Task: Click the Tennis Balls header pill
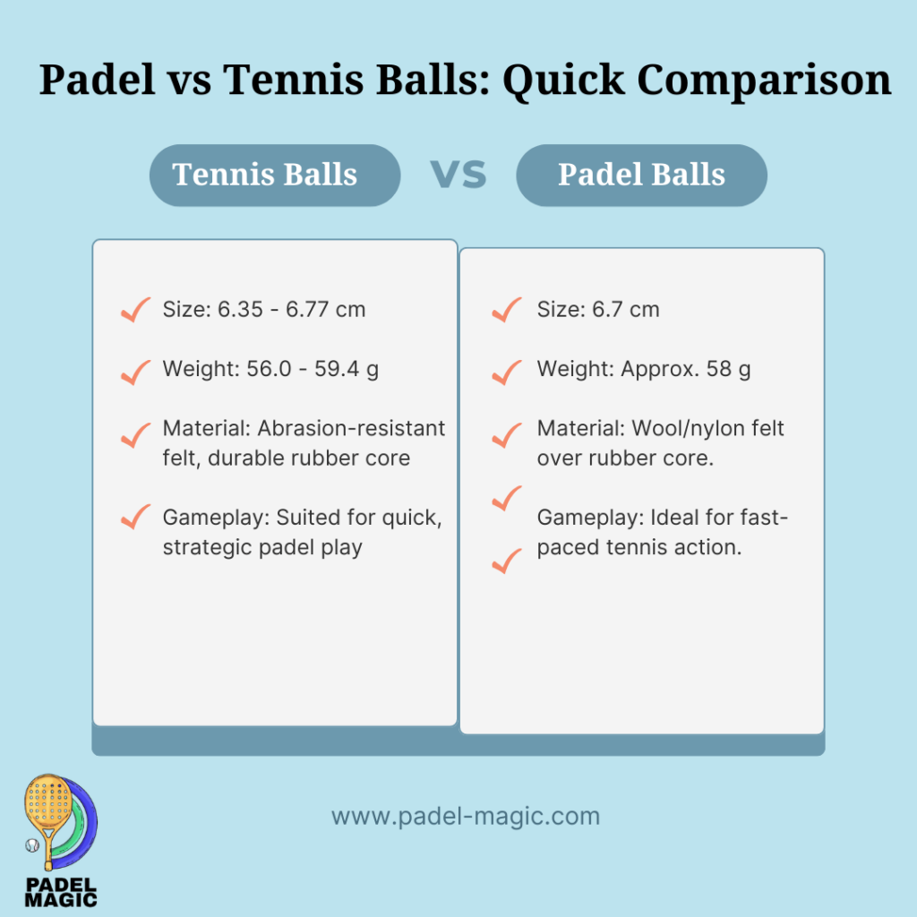(x=274, y=175)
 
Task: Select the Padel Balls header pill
(x=641, y=175)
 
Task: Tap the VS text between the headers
(x=458, y=175)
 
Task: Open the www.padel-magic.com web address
(x=466, y=817)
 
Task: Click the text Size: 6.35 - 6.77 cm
(x=264, y=310)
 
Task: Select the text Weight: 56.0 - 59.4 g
(x=270, y=369)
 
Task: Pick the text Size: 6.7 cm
(x=598, y=310)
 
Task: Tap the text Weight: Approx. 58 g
(x=644, y=369)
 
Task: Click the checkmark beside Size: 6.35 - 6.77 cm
(x=134, y=311)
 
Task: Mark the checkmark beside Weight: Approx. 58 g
(x=507, y=370)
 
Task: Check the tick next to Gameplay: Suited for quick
(x=134, y=517)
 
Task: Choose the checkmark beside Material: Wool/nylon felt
(x=507, y=434)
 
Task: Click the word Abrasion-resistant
(x=351, y=428)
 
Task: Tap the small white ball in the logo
(x=32, y=844)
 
